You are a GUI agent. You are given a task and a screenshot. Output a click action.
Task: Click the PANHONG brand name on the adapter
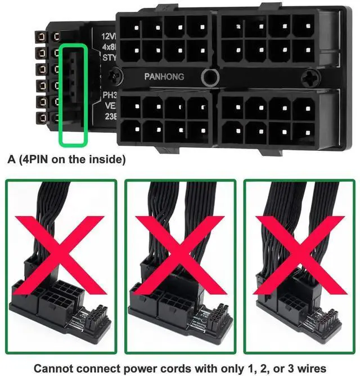pos(164,76)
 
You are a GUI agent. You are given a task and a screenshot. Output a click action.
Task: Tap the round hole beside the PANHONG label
pos(211,77)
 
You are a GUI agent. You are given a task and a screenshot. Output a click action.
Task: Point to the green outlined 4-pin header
pos(73,94)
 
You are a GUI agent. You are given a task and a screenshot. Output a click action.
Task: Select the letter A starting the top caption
pos(11,160)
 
